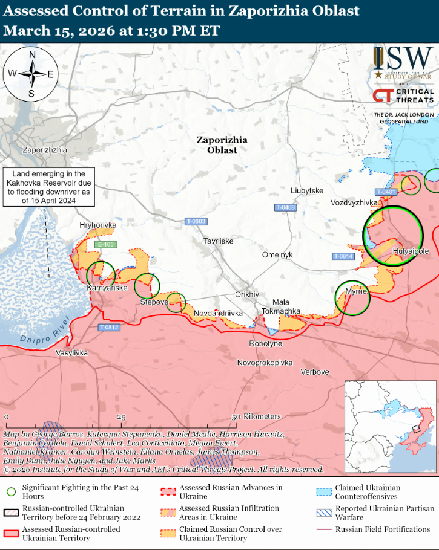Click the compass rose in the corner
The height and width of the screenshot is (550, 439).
pos(32,74)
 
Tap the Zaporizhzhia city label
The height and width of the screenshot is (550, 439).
pos(44,149)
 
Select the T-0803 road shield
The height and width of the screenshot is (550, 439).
pos(196,222)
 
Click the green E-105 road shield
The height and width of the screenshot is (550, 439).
pos(106,244)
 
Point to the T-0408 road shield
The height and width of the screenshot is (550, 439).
pos(285,207)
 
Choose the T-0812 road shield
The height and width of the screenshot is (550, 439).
pos(109,328)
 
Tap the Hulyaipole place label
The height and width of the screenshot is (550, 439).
pos(411,251)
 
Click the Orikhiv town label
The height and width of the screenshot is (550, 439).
pos(247,294)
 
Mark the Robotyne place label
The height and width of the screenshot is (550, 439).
pos(266,343)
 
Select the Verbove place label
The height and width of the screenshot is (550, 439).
pos(315,372)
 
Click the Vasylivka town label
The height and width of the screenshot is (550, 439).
pos(71,352)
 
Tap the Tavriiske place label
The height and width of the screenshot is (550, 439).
pos(219,241)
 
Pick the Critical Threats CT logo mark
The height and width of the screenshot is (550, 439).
pos(383,95)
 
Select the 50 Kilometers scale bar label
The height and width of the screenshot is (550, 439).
pos(258,417)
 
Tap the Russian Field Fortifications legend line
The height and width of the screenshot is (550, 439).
pos(325,529)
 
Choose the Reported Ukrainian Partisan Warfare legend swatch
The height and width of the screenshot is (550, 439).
pos(325,513)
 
